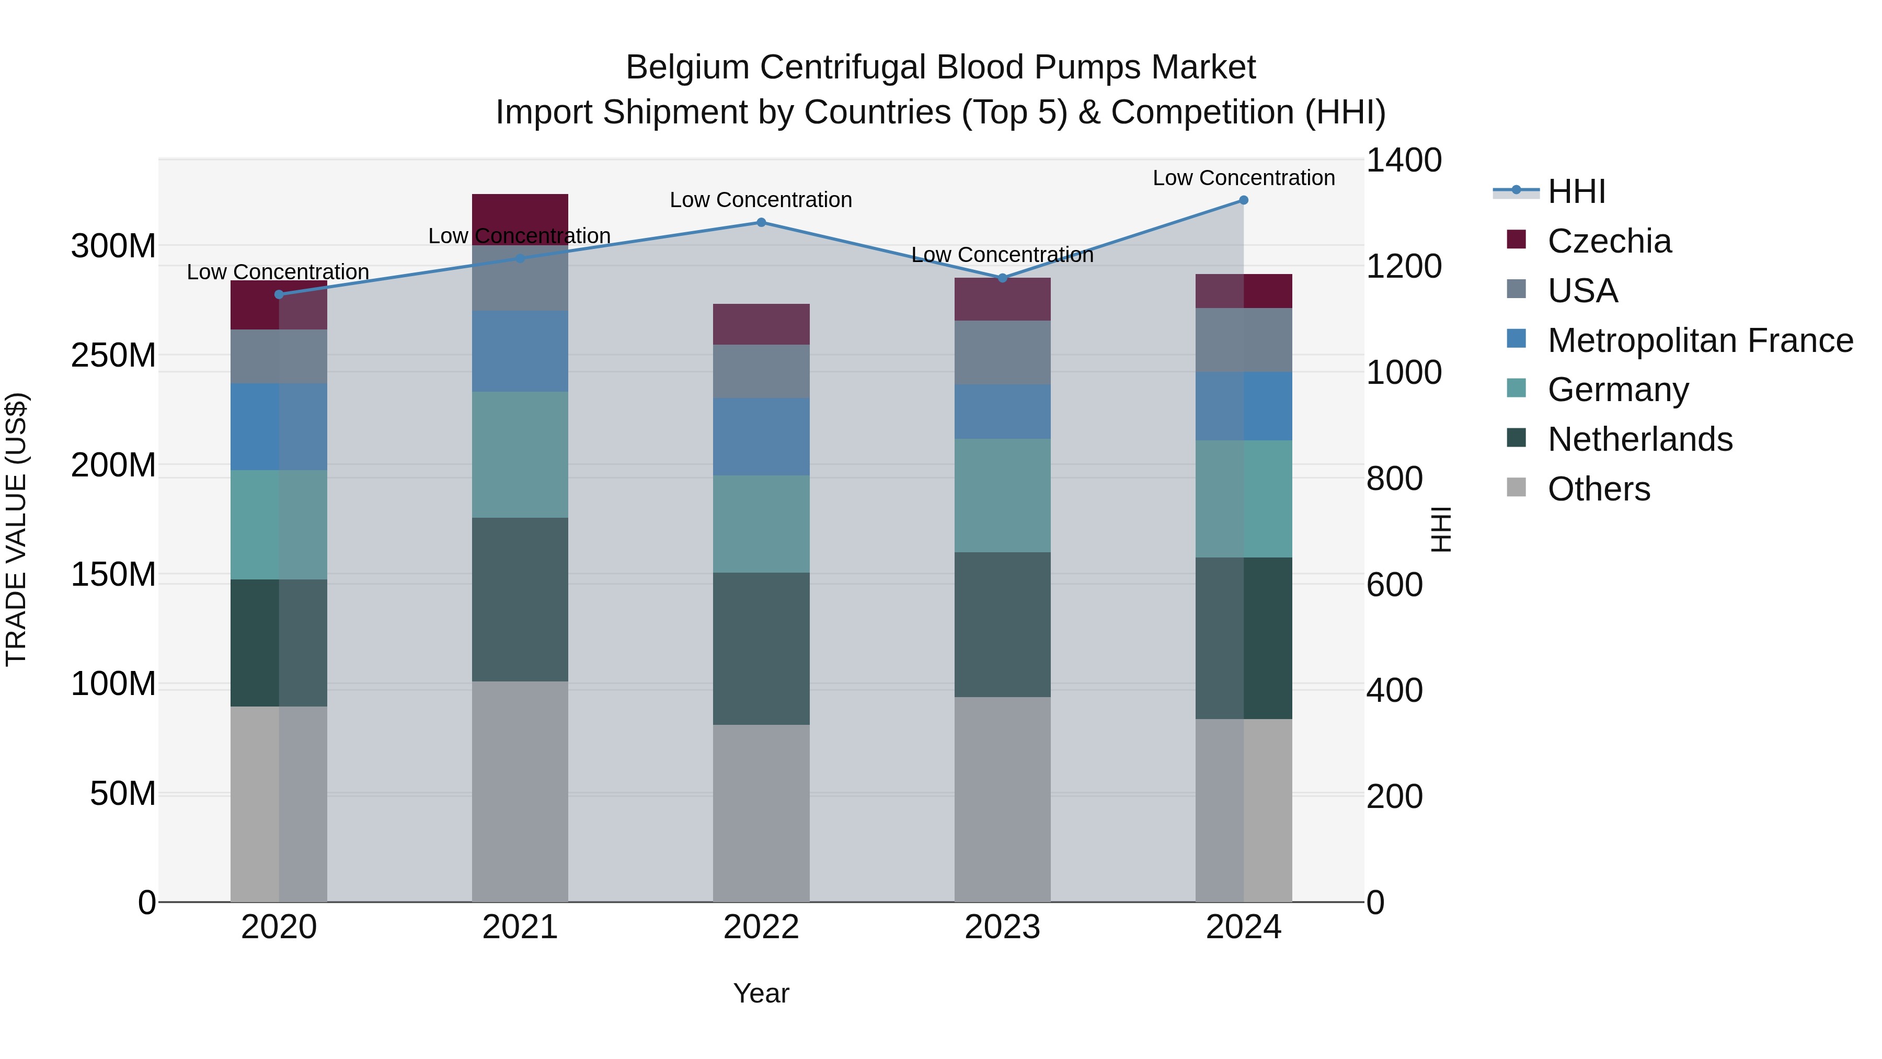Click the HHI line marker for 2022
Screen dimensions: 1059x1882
(761, 222)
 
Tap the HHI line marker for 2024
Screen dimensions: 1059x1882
(1244, 200)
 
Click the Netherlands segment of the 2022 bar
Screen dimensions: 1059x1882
(761, 648)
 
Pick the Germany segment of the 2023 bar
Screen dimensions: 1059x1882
(1002, 496)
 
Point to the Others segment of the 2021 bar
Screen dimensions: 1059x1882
(520, 792)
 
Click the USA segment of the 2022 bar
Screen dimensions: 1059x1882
(761, 371)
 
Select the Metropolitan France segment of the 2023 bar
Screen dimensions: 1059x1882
(1002, 412)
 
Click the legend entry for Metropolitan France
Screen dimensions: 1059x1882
(1700, 340)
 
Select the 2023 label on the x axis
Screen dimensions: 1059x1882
(1002, 927)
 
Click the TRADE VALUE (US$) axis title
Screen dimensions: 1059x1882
(16, 529)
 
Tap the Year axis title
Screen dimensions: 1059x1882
(761, 993)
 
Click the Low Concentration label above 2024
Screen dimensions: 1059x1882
(1244, 178)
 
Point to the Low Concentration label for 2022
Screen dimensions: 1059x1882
(761, 200)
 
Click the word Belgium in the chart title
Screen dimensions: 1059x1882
(687, 67)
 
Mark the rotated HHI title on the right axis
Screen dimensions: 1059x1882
(1441, 529)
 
